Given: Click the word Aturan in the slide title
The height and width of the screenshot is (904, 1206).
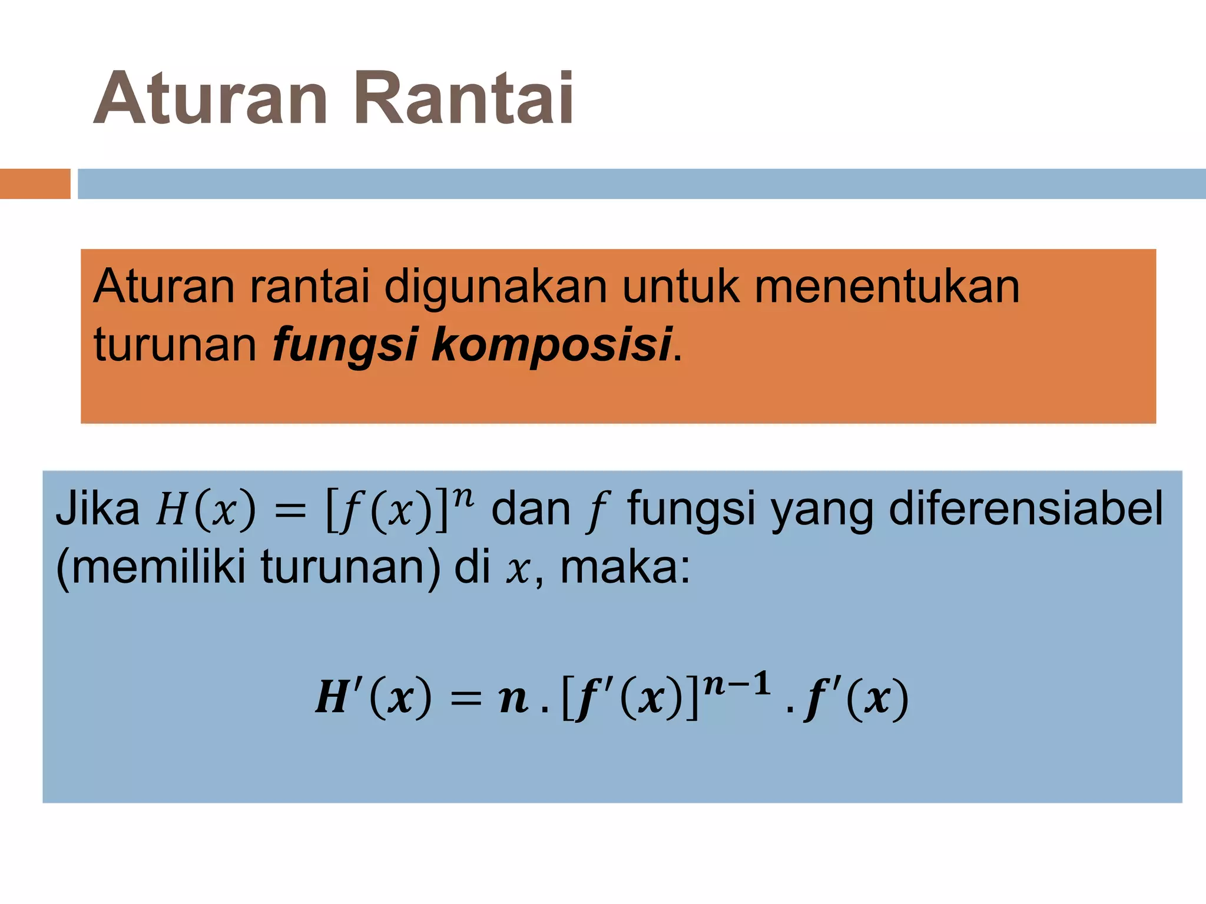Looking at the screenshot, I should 210,99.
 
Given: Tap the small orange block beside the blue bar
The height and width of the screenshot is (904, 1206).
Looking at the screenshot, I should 35,184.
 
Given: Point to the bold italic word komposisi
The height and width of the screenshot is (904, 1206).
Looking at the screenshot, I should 552,345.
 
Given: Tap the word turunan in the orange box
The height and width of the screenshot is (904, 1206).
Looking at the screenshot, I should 175,345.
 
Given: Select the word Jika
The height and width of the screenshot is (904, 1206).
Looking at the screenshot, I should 98,508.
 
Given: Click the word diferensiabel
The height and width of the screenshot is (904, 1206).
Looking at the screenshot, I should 1026,508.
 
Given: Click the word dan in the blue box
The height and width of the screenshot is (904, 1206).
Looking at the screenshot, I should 531,508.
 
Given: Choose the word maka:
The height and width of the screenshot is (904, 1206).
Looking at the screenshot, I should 625,567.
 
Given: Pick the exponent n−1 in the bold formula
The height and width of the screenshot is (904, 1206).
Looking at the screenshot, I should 737,684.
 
